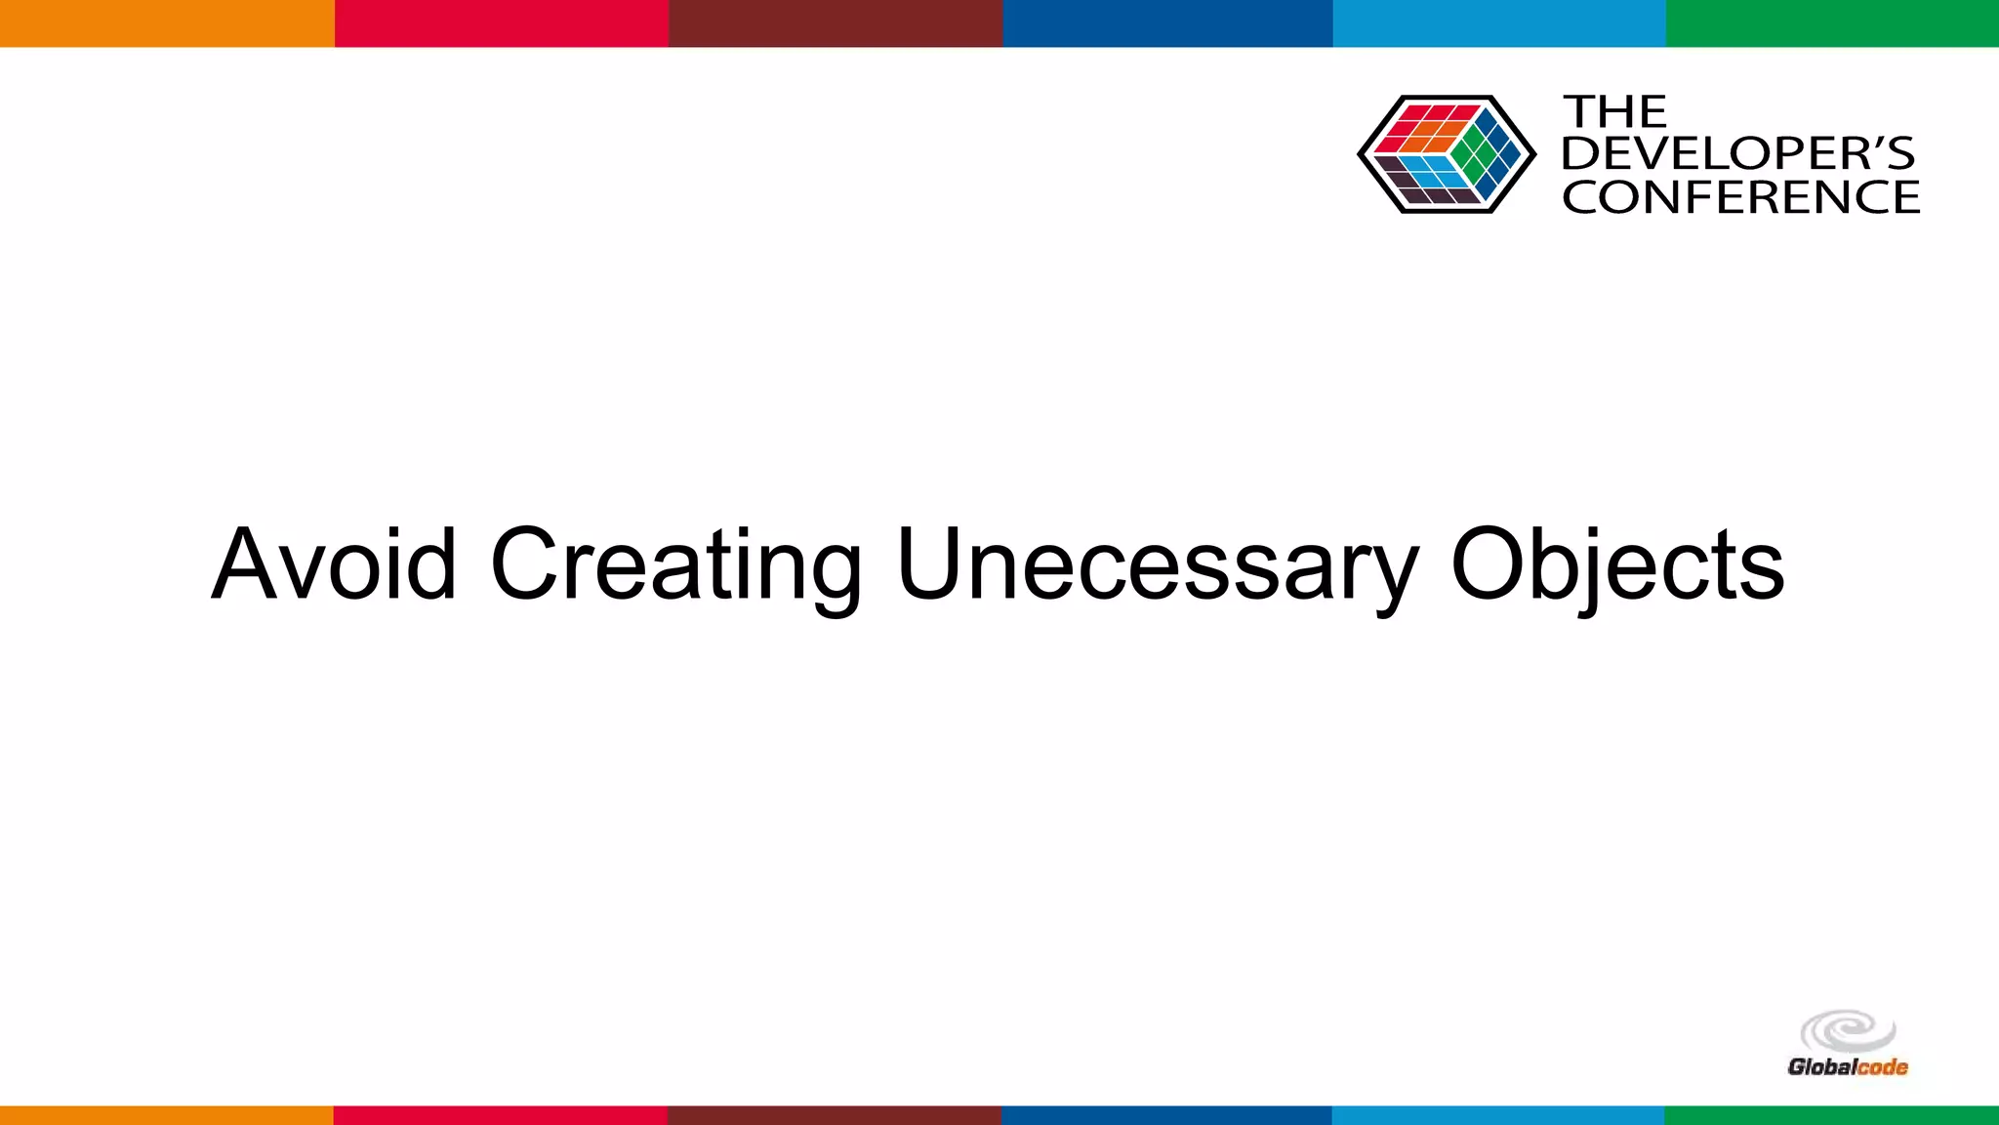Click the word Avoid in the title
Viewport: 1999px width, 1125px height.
(334, 564)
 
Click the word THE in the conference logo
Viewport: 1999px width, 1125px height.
(1614, 112)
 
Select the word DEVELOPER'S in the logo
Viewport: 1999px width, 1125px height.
(1737, 153)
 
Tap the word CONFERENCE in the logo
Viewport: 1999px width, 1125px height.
(1740, 197)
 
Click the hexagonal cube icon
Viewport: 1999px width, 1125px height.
(1446, 154)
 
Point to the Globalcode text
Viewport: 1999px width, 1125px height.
(1847, 1067)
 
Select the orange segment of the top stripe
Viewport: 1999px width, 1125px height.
(167, 22)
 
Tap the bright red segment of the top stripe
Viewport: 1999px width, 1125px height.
(501, 22)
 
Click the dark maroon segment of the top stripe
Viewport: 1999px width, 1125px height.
(835, 22)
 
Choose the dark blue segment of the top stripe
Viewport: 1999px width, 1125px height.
(1167, 22)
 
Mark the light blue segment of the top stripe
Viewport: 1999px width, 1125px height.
(1499, 22)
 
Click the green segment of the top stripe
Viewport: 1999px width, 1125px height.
(1832, 22)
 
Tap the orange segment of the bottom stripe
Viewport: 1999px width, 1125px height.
(167, 1114)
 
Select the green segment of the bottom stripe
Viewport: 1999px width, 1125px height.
(1832, 1114)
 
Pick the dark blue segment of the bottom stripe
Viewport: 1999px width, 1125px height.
(1167, 1114)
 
